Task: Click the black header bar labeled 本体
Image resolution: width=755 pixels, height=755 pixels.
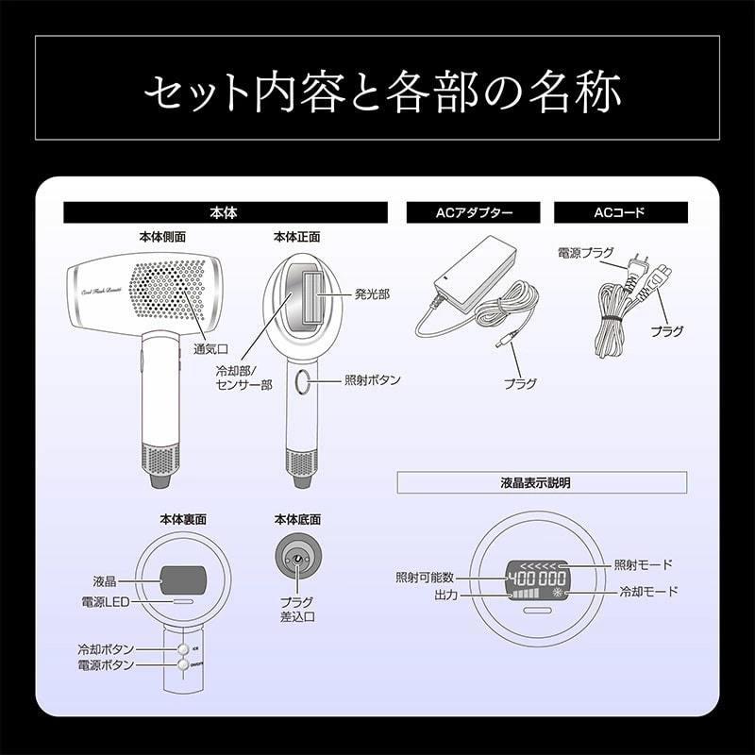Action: [226, 213]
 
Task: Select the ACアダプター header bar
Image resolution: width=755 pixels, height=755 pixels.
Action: [474, 213]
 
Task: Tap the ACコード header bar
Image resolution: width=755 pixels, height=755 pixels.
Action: [619, 213]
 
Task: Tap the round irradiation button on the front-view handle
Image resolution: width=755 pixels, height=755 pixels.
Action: [302, 381]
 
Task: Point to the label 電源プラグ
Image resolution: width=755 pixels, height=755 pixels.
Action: [583, 252]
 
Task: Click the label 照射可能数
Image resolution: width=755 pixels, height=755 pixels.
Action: [426, 577]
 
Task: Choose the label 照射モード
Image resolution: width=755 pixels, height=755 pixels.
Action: [643, 564]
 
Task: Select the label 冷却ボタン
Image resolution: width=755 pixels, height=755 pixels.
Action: [106, 650]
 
